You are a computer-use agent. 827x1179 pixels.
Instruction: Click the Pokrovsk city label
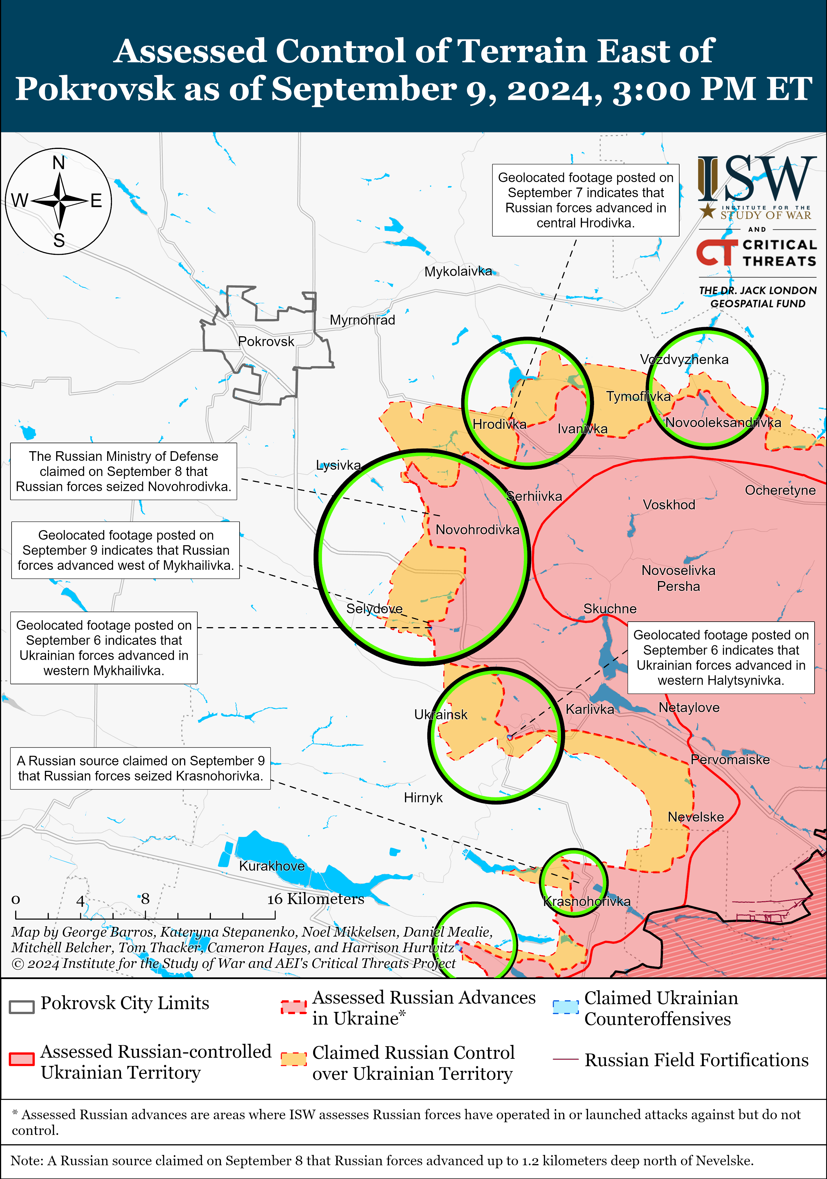click(x=266, y=341)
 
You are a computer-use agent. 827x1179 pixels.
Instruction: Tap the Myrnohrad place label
click(x=363, y=320)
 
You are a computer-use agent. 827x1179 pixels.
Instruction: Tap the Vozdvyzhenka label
click(x=684, y=359)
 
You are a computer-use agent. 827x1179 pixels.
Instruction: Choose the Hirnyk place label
click(x=423, y=798)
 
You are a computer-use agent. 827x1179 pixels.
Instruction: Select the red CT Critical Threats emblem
click(x=716, y=253)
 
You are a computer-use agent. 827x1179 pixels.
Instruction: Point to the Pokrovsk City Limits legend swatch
click(x=22, y=1006)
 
